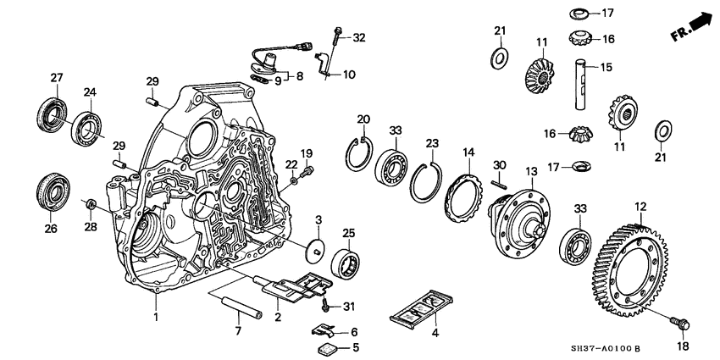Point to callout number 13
pyautogui.click(x=532, y=172)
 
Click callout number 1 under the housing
pyautogui.click(x=155, y=317)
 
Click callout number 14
pyautogui.click(x=466, y=152)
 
